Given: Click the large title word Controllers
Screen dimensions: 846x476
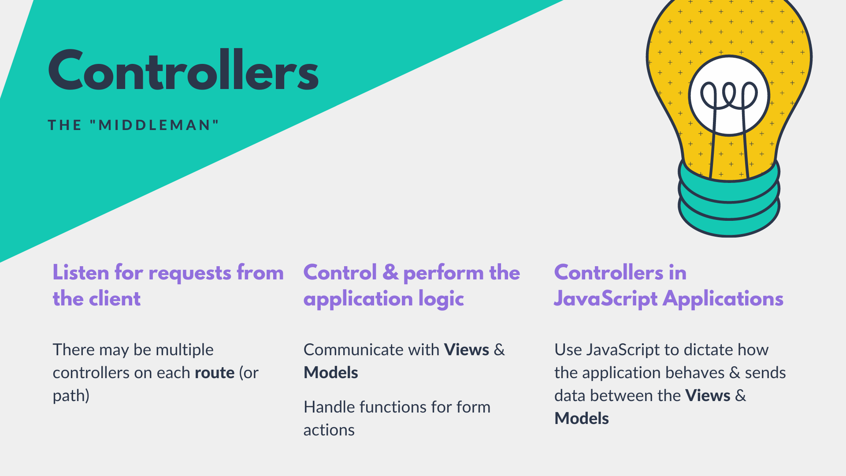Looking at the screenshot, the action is (183, 70).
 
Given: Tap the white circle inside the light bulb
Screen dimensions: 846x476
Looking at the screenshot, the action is (729, 95).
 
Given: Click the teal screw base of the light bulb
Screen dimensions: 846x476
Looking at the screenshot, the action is (729, 198).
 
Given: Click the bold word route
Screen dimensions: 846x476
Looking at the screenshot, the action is (215, 373).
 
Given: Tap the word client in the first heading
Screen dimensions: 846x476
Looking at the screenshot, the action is (115, 299).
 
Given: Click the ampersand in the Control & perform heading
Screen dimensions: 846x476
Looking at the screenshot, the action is (390, 272).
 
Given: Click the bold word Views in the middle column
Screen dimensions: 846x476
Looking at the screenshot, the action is (467, 350).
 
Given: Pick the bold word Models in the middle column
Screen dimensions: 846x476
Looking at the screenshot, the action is (331, 373).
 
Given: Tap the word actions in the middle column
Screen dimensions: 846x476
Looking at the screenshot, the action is (329, 430).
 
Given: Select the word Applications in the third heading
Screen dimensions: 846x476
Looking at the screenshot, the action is (723, 300).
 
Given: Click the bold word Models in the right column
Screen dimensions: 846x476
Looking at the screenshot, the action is (582, 419).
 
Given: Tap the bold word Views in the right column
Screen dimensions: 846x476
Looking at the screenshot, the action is (708, 396).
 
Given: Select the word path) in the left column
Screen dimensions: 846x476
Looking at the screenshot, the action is (71, 396).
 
